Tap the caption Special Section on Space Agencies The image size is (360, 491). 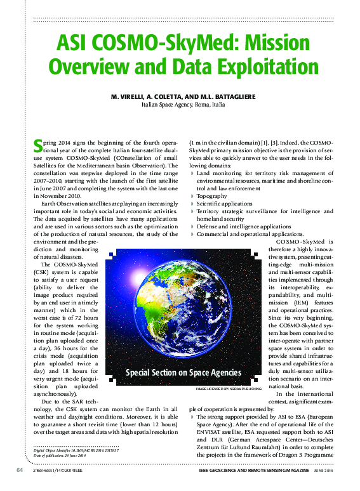click(183, 372)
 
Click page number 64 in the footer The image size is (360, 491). click(20, 471)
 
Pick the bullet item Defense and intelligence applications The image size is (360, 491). click(244, 226)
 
